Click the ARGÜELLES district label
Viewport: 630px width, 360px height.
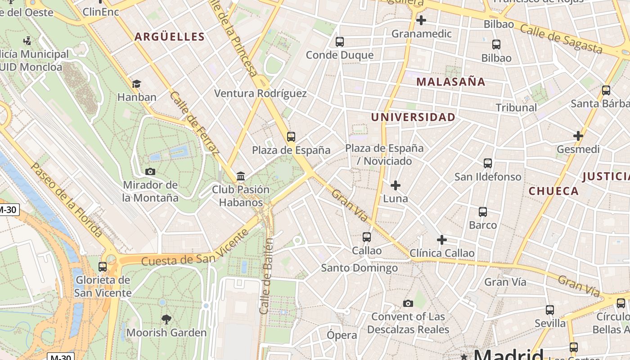coord(170,37)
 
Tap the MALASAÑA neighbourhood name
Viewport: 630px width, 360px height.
coord(451,82)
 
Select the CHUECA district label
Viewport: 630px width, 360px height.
coord(553,191)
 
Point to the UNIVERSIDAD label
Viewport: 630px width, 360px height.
coord(413,117)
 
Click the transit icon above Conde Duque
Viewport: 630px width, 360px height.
coord(340,42)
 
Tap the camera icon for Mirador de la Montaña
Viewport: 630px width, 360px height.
coord(150,171)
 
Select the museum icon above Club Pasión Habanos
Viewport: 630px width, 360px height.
coord(241,176)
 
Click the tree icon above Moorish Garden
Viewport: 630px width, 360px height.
coord(166,319)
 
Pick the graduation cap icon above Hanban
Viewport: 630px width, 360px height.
coord(136,84)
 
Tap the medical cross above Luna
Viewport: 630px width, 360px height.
coord(396,185)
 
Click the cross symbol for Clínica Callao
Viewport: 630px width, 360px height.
coord(442,240)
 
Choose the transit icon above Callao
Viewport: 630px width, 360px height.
coord(367,237)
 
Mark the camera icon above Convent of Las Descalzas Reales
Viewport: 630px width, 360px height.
coord(408,304)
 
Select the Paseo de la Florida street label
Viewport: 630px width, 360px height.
coord(66,200)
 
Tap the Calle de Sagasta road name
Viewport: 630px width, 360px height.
coord(561,39)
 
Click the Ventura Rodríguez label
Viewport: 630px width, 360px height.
coord(260,94)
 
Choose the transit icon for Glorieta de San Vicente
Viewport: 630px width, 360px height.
coord(103,266)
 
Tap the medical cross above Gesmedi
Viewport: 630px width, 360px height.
coord(578,136)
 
